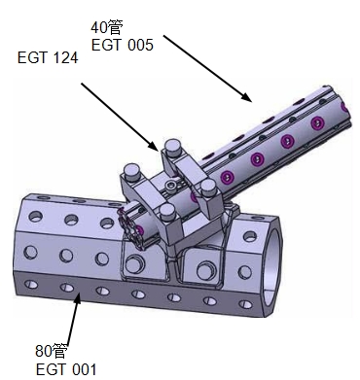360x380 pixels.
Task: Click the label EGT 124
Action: (48, 58)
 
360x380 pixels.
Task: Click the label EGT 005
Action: (123, 45)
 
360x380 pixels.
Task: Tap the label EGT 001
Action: (66, 369)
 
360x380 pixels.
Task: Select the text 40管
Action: (106, 27)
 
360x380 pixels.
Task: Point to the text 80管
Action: (52, 351)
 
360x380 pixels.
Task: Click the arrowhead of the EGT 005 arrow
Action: (247, 97)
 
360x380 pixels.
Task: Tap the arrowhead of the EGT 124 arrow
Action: (154, 146)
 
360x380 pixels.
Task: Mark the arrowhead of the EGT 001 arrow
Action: (77, 298)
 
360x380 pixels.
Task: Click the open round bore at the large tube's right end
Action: (271, 264)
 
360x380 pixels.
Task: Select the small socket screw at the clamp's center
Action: (170, 186)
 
